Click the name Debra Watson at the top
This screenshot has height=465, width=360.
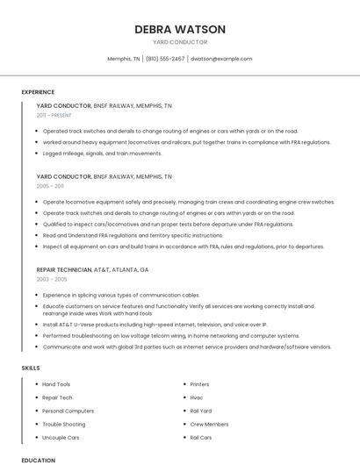click(x=180, y=29)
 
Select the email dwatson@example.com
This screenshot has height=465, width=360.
click(x=221, y=59)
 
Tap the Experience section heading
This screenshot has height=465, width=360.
click(x=38, y=92)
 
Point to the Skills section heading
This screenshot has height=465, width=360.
click(x=31, y=368)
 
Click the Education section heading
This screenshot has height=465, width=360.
click(x=38, y=460)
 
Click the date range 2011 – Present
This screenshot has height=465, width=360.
click(x=54, y=115)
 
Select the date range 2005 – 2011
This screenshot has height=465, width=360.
click(x=50, y=186)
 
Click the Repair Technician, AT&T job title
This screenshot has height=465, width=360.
click(x=92, y=269)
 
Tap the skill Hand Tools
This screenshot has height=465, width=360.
click(x=56, y=384)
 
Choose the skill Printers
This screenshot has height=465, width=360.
click(x=199, y=384)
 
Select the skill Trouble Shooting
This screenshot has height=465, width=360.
click(x=63, y=424)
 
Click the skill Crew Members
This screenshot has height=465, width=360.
click(x=209, y=424)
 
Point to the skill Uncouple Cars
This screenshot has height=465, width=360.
click(x=61, y=437)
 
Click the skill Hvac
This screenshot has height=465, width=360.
click(x=196, y=397)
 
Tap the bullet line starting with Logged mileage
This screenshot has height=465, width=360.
click(x=102, y=153)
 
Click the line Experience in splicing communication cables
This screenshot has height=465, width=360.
click(x=121, y=295)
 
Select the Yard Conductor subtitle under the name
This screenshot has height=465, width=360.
click(x=180, y=42)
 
